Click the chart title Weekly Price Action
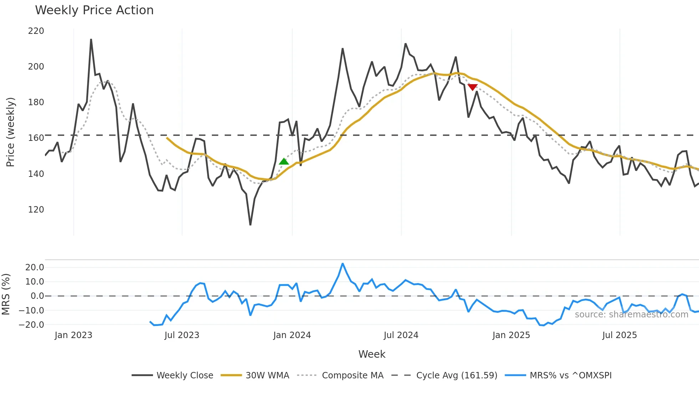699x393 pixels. pos(94,10)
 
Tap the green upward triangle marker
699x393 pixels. pos(284,162)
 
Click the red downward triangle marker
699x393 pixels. pos(473,87)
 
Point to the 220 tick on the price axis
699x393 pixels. pos(36,31)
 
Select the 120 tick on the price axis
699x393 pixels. pos(36,209)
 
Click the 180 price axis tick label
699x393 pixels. pos(36,102)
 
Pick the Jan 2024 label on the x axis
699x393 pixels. pos(292,335)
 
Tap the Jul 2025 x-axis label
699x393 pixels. pos(619,335)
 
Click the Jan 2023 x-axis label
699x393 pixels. pos(73,335)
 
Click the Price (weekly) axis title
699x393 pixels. pos(11,132)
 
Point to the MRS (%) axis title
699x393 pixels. pos(6,294)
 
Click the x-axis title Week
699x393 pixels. pos(372,354)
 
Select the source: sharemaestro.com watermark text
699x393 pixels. pos(631,315)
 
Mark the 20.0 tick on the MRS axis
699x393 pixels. pos(35,267)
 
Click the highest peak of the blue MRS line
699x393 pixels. pos(342,264)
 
